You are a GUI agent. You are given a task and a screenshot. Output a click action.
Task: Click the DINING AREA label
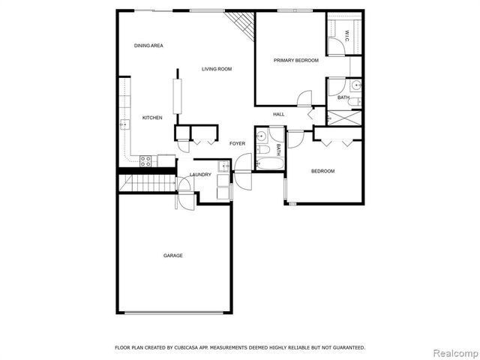point(148,46)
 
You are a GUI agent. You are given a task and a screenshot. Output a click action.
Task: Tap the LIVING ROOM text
point(217,69)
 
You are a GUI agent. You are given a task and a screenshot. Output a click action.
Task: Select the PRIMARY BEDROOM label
point(295,60)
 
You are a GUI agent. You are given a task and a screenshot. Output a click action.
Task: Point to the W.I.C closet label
point(347,34)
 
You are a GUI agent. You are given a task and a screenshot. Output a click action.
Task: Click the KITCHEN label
point(152,118)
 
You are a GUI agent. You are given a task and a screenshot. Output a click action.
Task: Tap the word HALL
point(278,114)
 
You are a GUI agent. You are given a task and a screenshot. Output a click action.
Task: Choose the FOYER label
point(237,143)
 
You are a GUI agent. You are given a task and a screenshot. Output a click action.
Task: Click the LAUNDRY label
point(200,175)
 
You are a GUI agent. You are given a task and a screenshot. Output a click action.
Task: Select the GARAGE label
point(173,256)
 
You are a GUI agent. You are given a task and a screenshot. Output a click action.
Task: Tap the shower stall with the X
point(345,117)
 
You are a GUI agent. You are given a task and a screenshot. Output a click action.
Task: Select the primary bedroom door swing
point(304,99)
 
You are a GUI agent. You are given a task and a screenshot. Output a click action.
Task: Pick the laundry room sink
point(223,166)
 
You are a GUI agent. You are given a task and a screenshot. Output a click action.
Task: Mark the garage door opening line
point(173,313)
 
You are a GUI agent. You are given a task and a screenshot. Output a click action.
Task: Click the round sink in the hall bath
point(261,136)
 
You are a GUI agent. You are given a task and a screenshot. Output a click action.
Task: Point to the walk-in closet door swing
point(337,45)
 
